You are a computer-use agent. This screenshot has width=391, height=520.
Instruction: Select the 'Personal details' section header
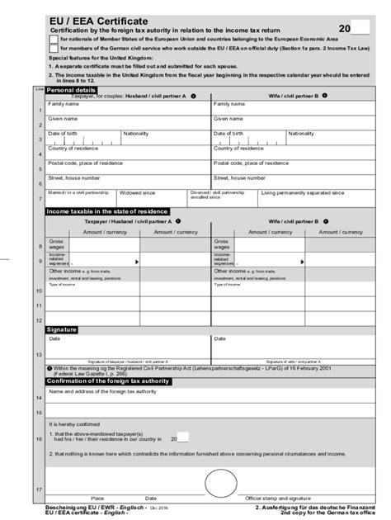(x=69, y=90)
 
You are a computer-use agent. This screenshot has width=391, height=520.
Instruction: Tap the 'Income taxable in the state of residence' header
(x=106, y=212)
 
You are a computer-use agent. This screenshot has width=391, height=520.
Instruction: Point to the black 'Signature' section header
(x=62, y=329)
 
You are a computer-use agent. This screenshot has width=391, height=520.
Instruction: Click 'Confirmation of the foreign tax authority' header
(x=108, y=381)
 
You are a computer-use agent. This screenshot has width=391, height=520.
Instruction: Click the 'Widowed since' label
(x=137, y=192)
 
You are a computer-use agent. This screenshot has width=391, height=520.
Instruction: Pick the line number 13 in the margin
(x=39, y=355)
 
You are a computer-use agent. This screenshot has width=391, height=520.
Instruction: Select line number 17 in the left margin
(x=39, y=489)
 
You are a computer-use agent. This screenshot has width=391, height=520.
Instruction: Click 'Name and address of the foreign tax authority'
(x=102, y=392)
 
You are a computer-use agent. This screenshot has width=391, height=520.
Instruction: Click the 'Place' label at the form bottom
(x=97, y=499)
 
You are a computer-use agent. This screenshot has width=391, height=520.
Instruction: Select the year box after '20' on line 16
(x=183, y=438)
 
